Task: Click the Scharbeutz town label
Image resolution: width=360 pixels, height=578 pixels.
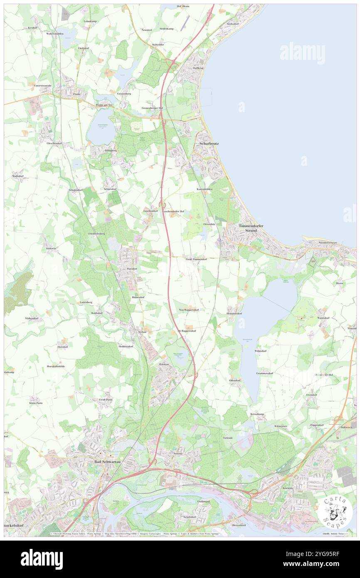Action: [209, 143]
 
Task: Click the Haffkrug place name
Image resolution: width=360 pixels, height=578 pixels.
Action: [198, 68]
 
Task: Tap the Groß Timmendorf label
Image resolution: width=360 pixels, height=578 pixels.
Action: [196, 259]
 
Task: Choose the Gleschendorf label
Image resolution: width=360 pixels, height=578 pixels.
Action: [54, 143]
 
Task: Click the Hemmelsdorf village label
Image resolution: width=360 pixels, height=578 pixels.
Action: [234, 313]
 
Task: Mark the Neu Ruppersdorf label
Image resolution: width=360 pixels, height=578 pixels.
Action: [189, 310]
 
